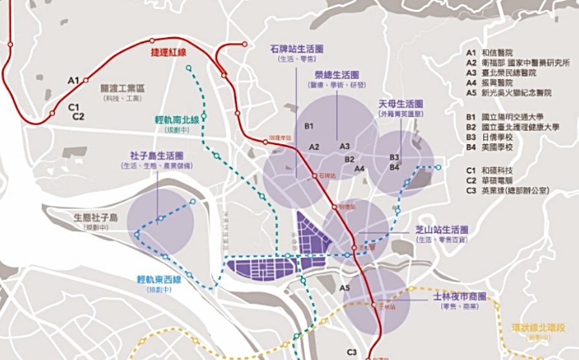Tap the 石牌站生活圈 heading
tap(297, 48)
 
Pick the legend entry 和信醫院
tap(500, 52)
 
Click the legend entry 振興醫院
tap(500, 83)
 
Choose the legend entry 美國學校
tap(500, 147)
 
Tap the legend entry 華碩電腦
tap(500, 180)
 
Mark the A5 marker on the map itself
tap(345, 288)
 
